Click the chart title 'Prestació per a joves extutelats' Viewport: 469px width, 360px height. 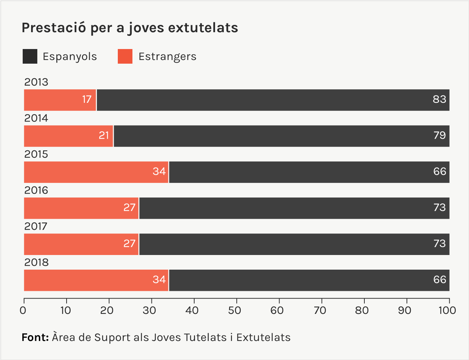[130, 28]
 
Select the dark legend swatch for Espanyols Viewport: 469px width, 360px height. [30, 57]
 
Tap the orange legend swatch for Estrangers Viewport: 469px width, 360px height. [125, 57]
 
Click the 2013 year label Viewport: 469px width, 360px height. [36, 82]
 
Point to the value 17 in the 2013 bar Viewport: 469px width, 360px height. [87, 100]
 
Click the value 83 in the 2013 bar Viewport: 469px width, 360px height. [439, 100]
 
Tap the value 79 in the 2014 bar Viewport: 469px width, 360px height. [439, 136]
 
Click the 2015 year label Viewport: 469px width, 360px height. [36, 154]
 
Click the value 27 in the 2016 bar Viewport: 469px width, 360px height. [130, 208]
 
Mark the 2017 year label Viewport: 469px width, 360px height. [36, 226]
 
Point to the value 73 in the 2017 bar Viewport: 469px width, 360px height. [439, 244]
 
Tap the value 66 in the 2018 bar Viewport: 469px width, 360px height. [439, 280]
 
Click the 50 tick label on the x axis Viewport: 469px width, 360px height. [234, 311]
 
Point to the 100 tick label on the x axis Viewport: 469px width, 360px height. [447, 311]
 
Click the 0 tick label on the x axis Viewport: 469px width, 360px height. [23, 311]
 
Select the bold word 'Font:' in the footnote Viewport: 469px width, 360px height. [35, 337]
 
